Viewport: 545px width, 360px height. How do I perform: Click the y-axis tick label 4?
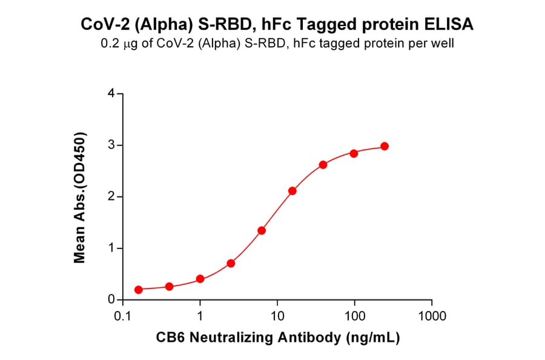tap(111, 94)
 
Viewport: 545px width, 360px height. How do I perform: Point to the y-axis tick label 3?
tap(111, 145)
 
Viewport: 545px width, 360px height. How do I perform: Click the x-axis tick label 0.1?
tap(123, 316)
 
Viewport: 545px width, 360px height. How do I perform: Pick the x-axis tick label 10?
tap(277, 316)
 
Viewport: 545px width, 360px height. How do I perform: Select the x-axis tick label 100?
tap(355, 316)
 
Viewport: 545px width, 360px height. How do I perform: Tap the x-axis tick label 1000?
tap(432, 316)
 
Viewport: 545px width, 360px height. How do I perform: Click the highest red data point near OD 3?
tap(385, 147)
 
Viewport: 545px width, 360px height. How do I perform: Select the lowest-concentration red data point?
tap(139, 290)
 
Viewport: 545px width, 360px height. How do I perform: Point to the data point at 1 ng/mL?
tap(200, 279)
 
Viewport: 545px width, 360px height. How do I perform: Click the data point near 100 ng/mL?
tap(354, 153)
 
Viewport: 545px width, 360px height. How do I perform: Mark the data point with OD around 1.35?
tap(262, 230)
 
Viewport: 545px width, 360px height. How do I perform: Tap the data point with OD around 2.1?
tap(292, 191)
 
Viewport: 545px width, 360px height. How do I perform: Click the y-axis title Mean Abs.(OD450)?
tap(79, 197)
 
